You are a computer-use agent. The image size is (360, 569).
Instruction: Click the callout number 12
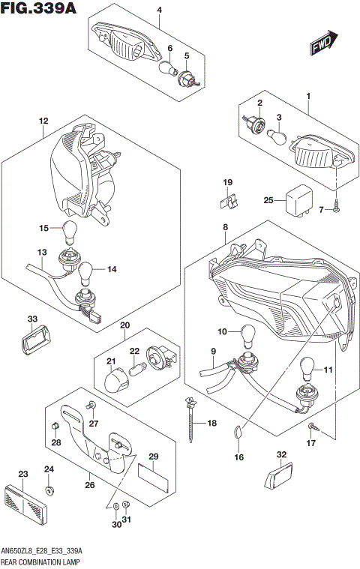tap(43, 121)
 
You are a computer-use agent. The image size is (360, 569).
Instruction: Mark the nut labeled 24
tap(49, 491)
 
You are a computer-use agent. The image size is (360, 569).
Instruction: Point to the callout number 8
tap(225, 226)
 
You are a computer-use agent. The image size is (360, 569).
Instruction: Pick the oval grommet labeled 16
tap(238, 433)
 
